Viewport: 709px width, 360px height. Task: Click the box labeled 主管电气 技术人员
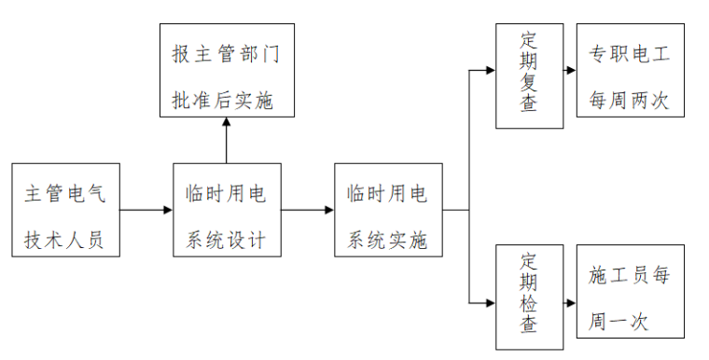coord(66,211)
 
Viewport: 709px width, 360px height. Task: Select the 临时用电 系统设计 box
coord(227,211)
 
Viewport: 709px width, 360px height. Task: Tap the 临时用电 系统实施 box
coord(388,211)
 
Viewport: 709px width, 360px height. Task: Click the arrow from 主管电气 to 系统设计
coord(146,211)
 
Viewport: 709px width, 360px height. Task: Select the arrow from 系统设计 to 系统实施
coord(308,211)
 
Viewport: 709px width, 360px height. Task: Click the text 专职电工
coord(630,53)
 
